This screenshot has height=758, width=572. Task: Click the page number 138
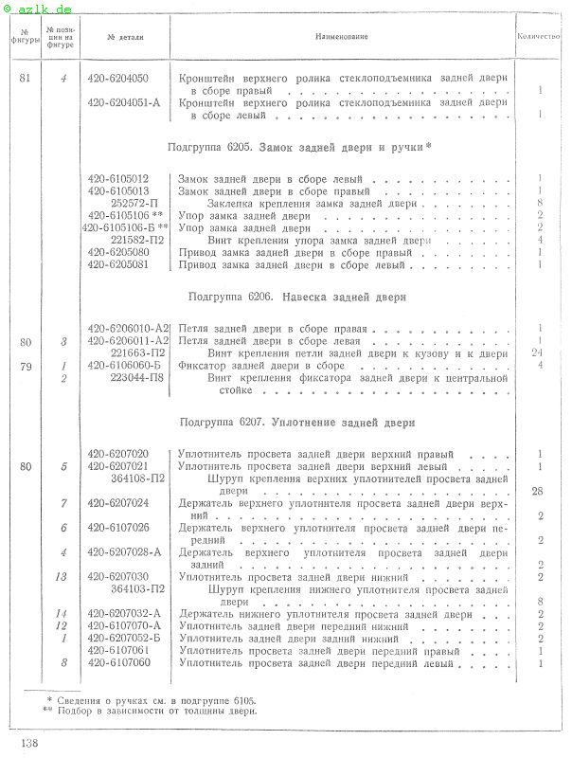(27, 742)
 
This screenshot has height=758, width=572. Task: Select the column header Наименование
(342, 37)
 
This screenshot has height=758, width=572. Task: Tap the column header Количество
(540, 37)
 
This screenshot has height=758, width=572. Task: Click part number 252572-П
(135, 203)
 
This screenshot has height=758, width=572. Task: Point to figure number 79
(25, 365)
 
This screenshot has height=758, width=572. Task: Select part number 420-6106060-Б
(124, 365)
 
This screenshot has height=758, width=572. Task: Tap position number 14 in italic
(63, 614)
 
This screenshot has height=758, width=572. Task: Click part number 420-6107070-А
(124, 626)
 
